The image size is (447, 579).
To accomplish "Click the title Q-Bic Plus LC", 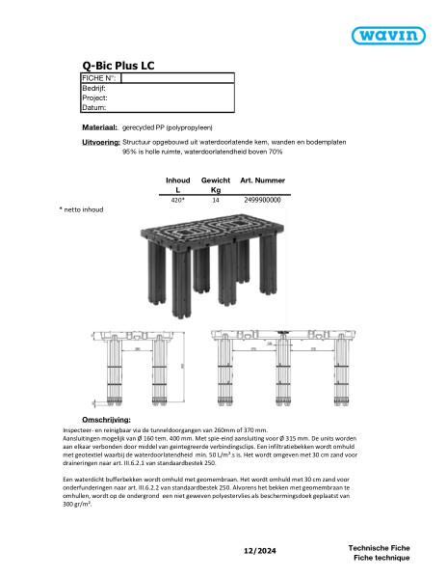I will tap(118, 66).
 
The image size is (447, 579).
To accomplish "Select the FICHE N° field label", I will tap(98, 77).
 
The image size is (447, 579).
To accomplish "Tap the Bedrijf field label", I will tap(94, 88).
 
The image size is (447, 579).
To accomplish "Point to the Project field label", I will tap(94, 97).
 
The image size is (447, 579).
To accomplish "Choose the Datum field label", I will tap(93, 108).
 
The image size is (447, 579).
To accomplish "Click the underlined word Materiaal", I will tap(100, 127).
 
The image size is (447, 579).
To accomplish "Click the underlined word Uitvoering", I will tap(101, 142).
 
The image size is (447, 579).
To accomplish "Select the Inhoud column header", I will tap(178, 180).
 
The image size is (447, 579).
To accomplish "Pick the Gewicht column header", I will tap(216, 180).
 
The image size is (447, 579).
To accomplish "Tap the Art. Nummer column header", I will tap(262, 180).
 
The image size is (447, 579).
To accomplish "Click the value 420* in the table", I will tap(177, 200).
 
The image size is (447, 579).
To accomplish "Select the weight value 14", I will tap(216, 200).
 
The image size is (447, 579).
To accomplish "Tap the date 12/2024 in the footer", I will tap(263, 549).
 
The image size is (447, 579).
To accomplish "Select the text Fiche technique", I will tap(381, 558).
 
